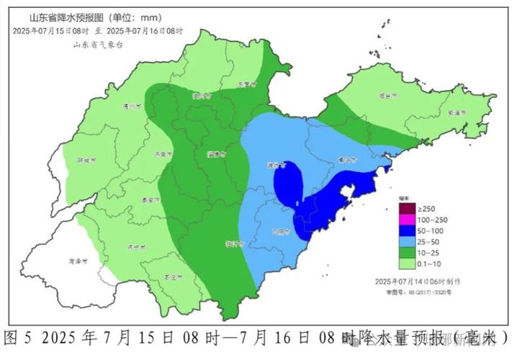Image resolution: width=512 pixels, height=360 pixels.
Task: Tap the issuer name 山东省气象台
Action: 98,45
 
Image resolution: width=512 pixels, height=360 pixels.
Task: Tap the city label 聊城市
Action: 85,161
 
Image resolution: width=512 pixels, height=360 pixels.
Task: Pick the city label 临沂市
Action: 233,243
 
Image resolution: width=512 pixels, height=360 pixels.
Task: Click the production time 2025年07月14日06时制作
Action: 418,280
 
